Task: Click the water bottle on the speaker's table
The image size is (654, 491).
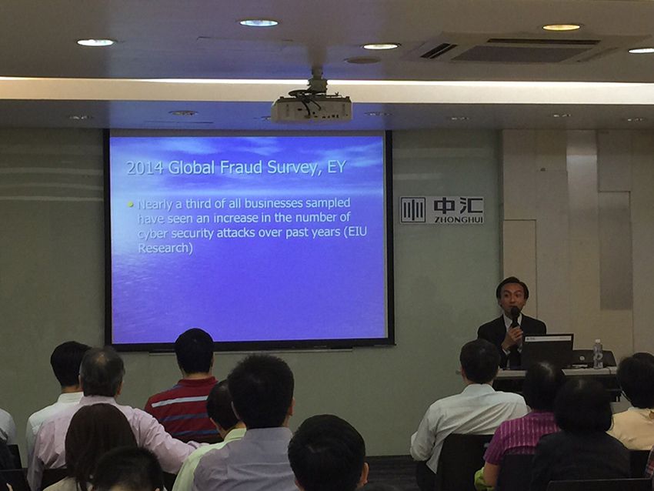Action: click(598, 354)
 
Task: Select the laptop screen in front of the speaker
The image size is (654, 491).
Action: click(547, 351)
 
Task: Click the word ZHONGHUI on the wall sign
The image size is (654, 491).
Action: click(459, 219)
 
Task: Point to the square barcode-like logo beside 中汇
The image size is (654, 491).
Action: click(413, 210)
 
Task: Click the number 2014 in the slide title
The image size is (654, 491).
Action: click(145, 168)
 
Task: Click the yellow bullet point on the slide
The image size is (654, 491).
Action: click(131, 205)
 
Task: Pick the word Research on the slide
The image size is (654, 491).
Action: click(165, 248)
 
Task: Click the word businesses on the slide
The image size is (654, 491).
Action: click(273, 203)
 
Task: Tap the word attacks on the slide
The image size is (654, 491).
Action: click(235, 232)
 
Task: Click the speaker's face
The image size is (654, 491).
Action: click(512, 297)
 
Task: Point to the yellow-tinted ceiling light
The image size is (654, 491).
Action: click(562, 27)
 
